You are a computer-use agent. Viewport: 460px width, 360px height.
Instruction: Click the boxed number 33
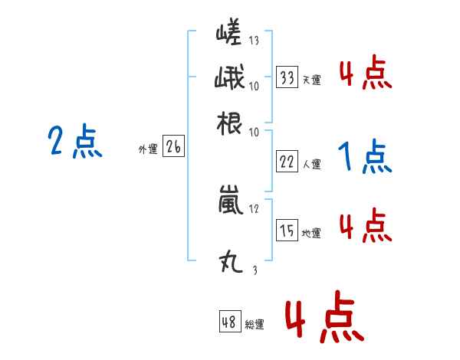[x=287, y=77]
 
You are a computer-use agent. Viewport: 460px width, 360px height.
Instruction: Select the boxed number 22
[x=287, y=162]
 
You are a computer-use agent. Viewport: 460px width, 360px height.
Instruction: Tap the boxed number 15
[x=287, y=231]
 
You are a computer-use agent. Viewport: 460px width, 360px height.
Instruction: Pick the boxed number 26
[x=173, y=149]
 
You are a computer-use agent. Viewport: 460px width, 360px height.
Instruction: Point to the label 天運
[x=312, y=80]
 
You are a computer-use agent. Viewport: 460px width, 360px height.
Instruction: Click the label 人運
[x=312, y=164]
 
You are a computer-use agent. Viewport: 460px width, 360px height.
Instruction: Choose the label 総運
[x=255, y=325]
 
